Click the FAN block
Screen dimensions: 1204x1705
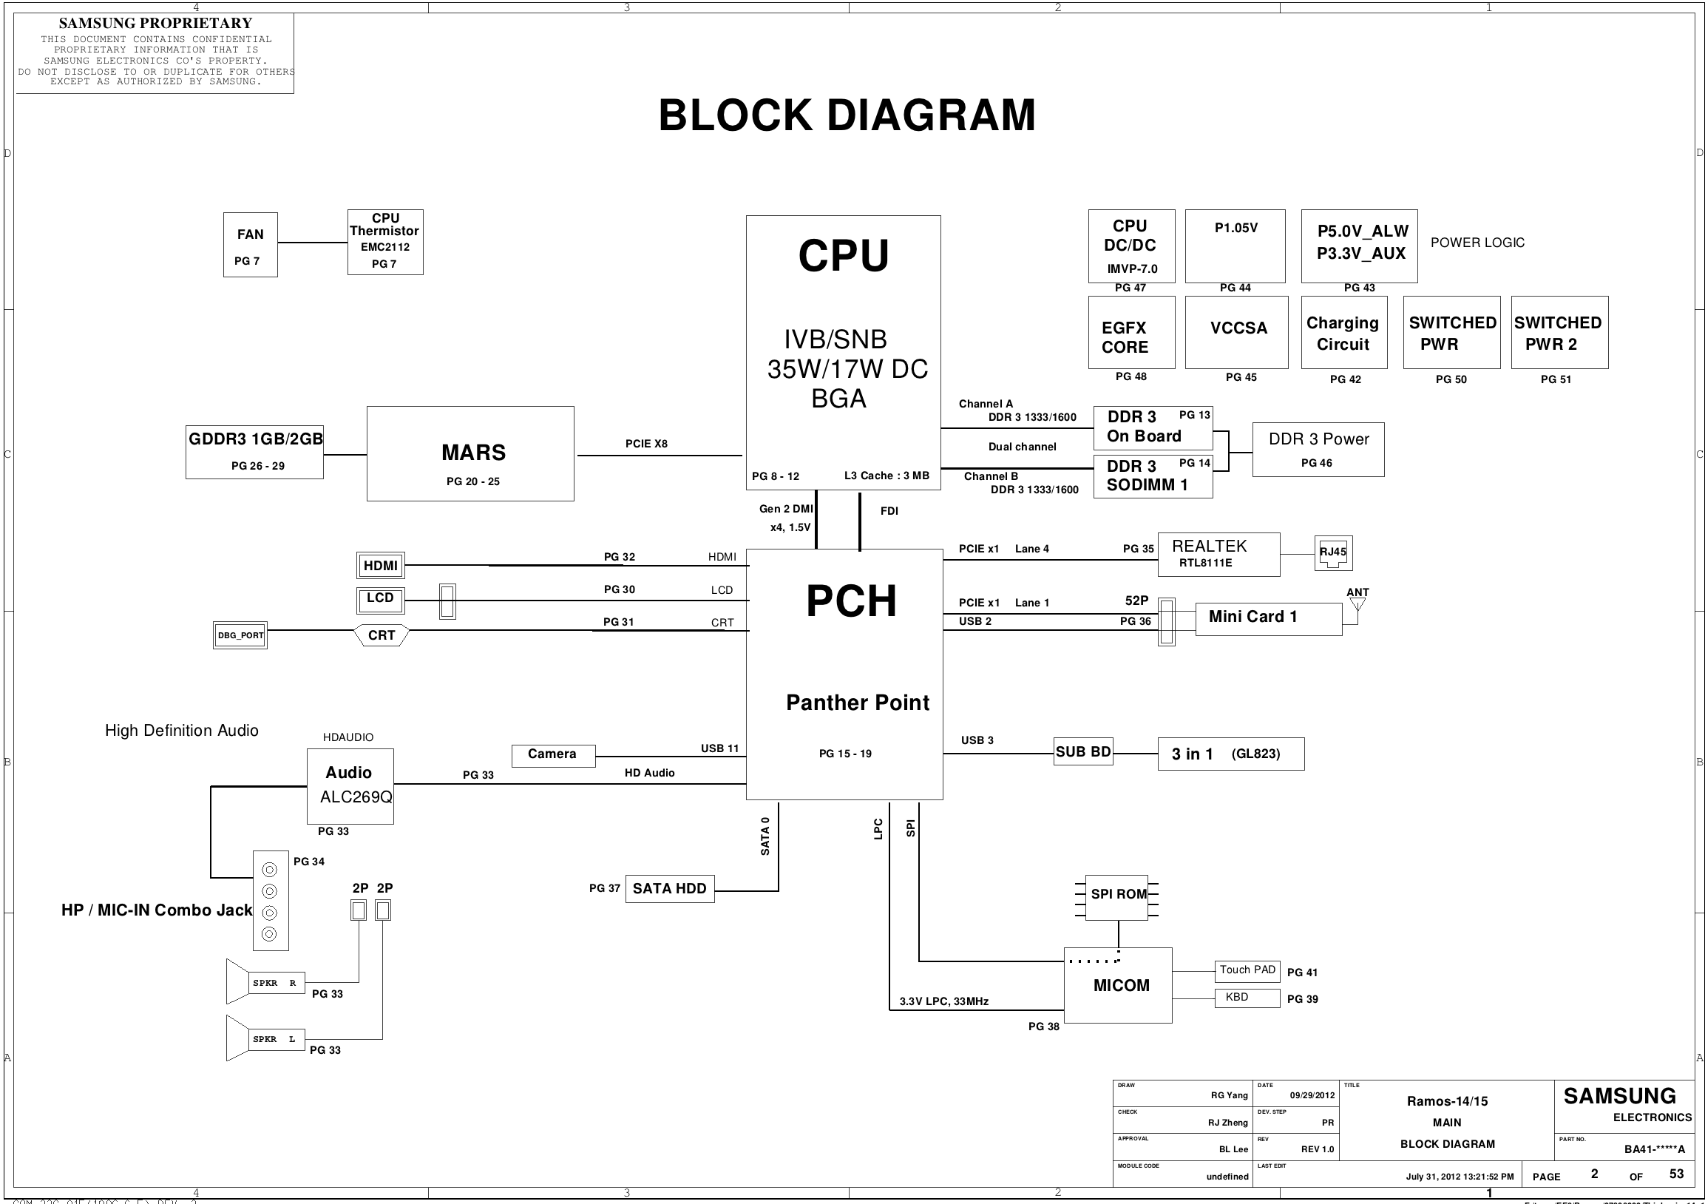coord(250,244)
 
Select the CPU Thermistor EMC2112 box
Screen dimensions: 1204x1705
coord(384,242)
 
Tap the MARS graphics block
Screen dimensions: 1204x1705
coord(470,453)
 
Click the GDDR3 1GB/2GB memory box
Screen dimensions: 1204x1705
coord(254,452)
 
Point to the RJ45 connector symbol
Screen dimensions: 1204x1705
coord(1333,553)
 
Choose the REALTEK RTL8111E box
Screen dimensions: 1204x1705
coord(1218,554)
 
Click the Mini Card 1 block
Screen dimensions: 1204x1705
coord(1267,618)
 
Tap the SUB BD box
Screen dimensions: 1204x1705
coord(1082,751)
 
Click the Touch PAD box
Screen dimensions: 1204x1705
coord(1247,971)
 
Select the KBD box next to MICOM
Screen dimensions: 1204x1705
coord(1247,998)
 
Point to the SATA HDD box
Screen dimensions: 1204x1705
coord(669,888)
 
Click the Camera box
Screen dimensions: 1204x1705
coord(552,754)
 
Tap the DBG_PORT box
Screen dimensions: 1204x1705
coord(240,635)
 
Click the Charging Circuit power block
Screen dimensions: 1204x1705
coord(1343,333)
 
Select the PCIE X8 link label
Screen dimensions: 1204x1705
coord(646,444)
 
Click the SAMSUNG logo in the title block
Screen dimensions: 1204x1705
coord(1619,1096)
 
